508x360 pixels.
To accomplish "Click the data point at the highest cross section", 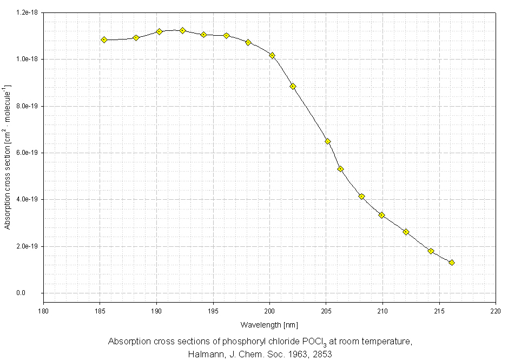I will pyautogui.click(x=182, y=30).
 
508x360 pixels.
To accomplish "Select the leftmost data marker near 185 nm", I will pyautogui.click(x=104, y=40).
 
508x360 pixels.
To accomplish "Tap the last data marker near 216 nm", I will pyautogui.click(x=452, y=263).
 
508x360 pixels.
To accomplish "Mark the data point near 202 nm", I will pyautogui.click(x=293, y=86).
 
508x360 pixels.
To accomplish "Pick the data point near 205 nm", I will pyautogui.click(x=327, y=141).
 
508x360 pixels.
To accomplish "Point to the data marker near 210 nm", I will pyautogui.click(x=381, y=215).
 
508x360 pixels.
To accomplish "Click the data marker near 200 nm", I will pyautogui.click(x=272, y=55).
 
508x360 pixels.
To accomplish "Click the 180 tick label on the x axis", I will pyautogui.click(x=43, y=311).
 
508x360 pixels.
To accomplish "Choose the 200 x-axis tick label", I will pyautogui.click(x=269, y=311).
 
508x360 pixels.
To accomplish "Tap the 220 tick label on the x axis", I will pyautogui.click(x=496, y=311).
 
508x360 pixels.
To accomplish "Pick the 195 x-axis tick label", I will pyautogui.click(x=213, y=311).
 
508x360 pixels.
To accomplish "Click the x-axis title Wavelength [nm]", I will pyautogui.click(x=269, y=325).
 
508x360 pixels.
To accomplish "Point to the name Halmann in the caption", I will pyautogui.click(x=205, y=354).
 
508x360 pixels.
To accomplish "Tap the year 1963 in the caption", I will pyautogui.click(x=291, y=354).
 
